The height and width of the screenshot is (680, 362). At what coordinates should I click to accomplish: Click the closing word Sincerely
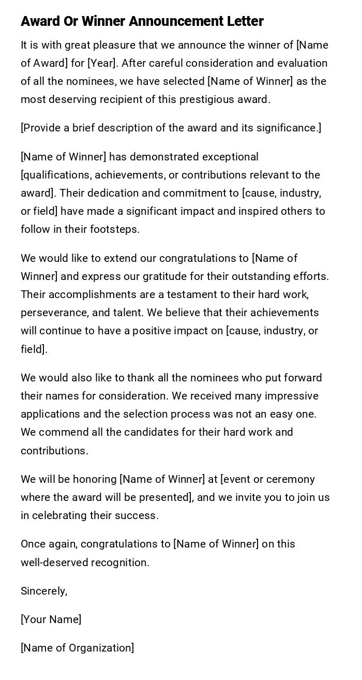(x=44, y=591)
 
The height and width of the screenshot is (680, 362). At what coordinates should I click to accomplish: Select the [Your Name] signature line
(x=51, y=619)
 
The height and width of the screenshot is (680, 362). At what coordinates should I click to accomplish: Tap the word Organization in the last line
(x=101, y=648)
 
